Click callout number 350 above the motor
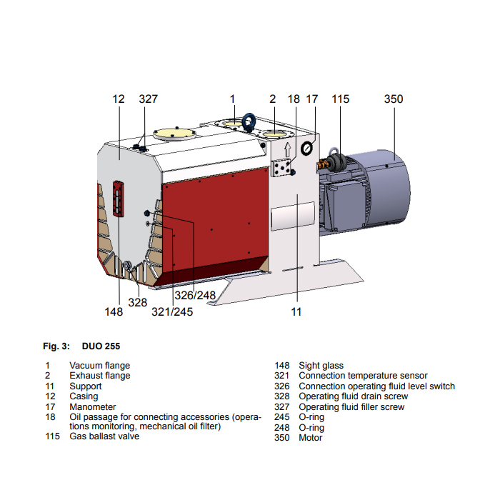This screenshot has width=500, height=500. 394,99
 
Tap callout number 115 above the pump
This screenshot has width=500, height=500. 341,99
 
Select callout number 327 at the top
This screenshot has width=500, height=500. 148,99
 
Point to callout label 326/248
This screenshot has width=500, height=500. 195,295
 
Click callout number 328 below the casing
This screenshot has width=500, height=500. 138,302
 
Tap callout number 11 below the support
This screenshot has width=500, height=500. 296,311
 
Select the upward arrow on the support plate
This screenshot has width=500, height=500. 287,151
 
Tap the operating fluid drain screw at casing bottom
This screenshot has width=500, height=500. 127,266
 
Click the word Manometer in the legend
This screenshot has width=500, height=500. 93,407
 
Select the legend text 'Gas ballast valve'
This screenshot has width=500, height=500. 104,436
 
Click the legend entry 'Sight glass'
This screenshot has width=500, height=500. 321,366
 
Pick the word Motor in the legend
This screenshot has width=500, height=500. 311,437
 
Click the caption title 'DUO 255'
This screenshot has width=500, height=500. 96,346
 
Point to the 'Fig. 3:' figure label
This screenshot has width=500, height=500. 56,346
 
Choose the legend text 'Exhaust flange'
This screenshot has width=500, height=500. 99,376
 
